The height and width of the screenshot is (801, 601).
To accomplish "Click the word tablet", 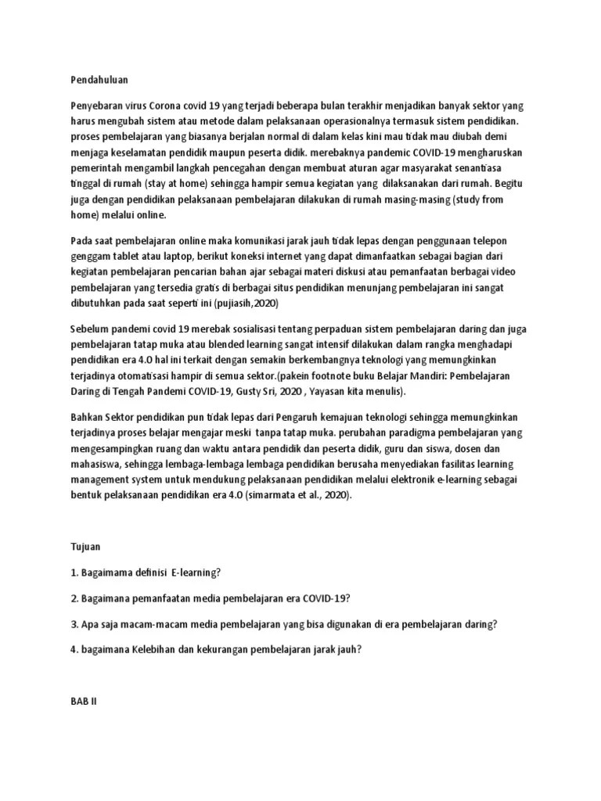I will [x=131, y=257].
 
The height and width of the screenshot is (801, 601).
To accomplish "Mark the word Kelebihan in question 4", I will [x=157, y=651].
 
